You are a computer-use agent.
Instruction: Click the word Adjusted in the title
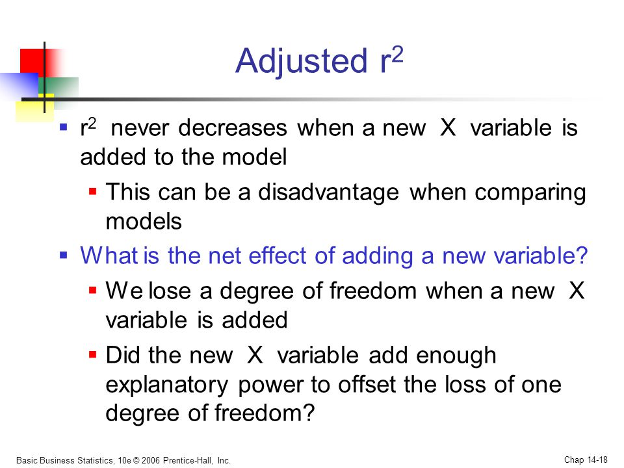[x=301, y=62]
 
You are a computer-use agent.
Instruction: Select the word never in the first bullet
[x=140, y=129]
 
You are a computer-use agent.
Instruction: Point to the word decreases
[x=233, y=128]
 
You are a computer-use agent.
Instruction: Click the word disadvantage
[x=328, y=192]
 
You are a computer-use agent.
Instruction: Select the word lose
[x=170, y=291]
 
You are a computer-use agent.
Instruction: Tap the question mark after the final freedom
[x=309, y=413]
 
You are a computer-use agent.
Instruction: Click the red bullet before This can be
[x=93, y=192]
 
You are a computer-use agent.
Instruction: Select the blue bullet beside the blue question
[x=63, y=255]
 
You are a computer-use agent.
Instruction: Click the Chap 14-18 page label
[x=586, y=460]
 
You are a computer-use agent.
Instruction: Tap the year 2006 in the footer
[x=150, y=460]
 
